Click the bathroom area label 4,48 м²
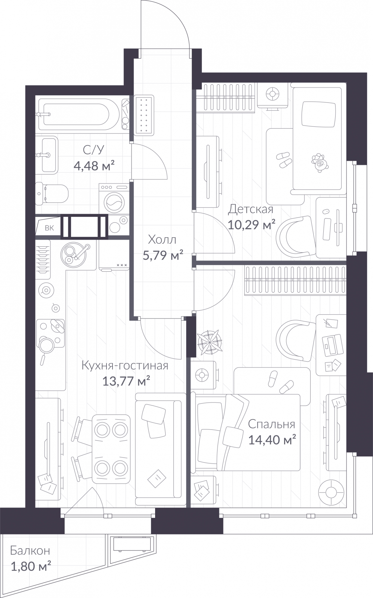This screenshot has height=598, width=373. click(94, 166)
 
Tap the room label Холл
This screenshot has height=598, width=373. click(162, 240)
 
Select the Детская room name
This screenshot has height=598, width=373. click(251, 210)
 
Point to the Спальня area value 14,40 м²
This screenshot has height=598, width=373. click(272, 440)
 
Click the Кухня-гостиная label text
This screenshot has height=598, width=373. click(125, 366)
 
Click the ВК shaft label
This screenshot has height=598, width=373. click(49, 228)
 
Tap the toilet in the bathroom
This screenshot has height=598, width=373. click(52, 194)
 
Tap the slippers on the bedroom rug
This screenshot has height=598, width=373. click(280, 382)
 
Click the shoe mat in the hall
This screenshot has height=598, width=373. click(144, 115)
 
